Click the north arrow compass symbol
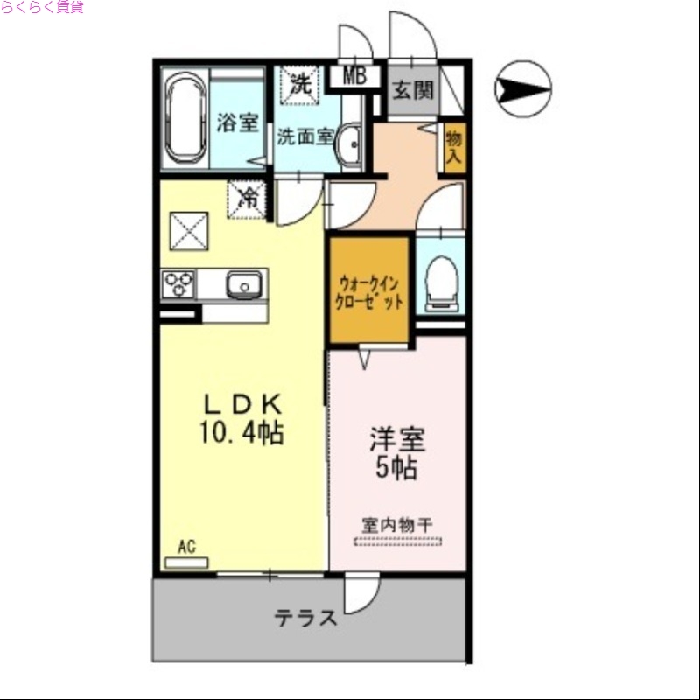[523, 88]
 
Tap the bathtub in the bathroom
[185, 121]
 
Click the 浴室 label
[237, 122]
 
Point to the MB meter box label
[353, 76]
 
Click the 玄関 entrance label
[412, 89]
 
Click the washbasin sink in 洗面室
[350, 144]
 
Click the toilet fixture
[440, 281]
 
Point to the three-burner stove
[178, 285]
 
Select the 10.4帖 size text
[243, 432]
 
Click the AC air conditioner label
[186, 548]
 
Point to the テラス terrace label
[306, 618]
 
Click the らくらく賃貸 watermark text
[42, 8]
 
